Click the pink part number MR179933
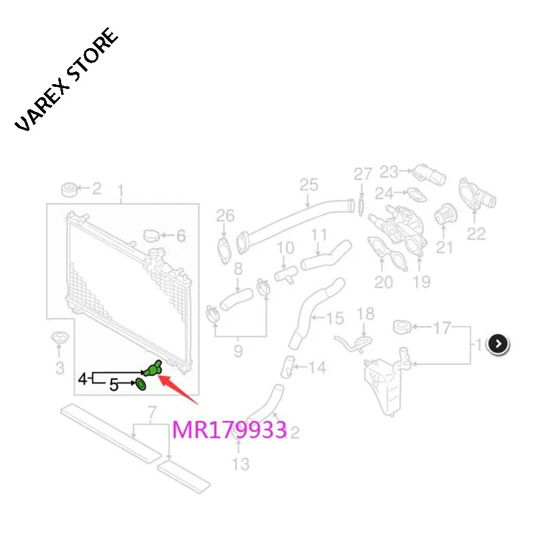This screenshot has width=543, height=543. pos(229,429)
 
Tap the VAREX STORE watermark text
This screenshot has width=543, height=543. pos(67,81)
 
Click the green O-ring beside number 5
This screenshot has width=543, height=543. pos(140,385)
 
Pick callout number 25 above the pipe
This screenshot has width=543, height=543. pos(308,184)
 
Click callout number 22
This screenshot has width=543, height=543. pos(476,233)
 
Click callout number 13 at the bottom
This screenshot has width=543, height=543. pos(240,464)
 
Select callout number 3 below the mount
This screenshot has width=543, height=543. pos(59,368)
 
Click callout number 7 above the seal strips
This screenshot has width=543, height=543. pos(151,411)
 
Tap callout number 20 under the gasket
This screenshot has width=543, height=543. pos(383,282)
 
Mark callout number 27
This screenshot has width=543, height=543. pos(363,174)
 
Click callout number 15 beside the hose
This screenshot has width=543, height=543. pos(335,318)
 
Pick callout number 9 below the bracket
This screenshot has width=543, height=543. pos(238,351)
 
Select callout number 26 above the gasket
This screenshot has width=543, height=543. pos(225,216)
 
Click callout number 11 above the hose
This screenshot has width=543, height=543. pos(319,236)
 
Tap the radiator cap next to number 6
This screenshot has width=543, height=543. pos(153,236)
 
